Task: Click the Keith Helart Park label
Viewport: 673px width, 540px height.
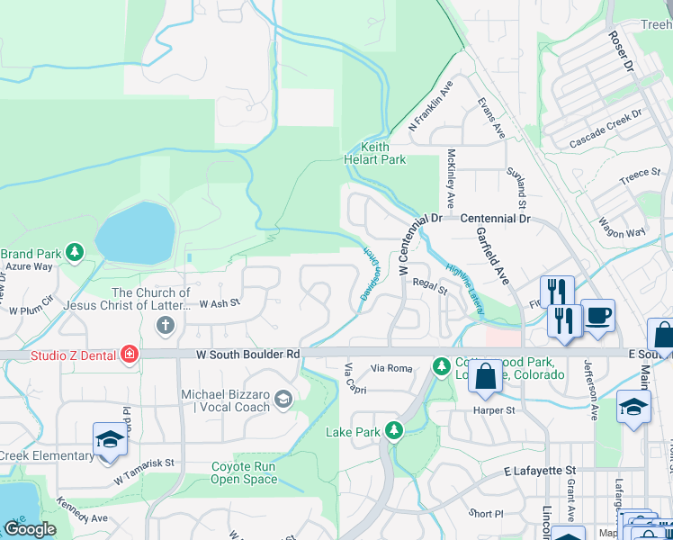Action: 383,153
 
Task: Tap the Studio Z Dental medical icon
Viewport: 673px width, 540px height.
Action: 130,354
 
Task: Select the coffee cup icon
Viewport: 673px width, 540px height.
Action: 597,316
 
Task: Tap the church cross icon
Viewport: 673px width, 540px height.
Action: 168,322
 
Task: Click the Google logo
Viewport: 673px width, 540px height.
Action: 30,529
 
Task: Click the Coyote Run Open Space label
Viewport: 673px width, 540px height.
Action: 244,472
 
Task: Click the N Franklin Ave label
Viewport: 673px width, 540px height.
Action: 430,106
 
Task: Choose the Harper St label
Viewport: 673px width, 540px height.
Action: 494,410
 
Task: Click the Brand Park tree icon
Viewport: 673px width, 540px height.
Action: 76,253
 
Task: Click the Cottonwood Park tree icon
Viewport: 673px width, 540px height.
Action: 441,365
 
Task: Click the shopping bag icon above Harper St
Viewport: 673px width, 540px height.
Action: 486,378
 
